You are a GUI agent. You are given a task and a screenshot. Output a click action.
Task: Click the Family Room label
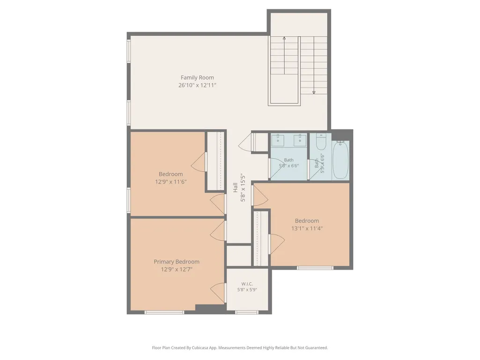pos(197,78)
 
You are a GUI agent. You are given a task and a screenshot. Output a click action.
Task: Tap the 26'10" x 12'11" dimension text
pos(197,85)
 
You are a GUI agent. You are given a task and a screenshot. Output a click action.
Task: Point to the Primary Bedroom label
pos(177,262)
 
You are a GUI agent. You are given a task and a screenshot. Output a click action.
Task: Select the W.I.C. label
pos(247,284)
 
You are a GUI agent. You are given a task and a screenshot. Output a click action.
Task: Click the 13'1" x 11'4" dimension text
pos(307,228)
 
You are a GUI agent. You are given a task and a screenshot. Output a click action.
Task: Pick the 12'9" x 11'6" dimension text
pos(171,182)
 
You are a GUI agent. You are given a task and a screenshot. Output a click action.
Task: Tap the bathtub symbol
pos(340,160)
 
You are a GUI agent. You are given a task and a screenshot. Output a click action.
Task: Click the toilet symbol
pos(321,141)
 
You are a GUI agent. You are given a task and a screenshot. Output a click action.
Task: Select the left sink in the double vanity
pos(278,140)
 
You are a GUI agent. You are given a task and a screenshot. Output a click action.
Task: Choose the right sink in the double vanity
pos(300,140)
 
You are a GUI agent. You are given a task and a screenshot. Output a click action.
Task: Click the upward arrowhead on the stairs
pos(284,38)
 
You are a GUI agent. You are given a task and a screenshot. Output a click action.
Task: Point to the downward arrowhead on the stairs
pos(314,92)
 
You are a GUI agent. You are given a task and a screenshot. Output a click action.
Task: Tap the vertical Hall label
pos(236,187)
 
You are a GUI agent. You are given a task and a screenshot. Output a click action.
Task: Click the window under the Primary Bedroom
pos(164,313)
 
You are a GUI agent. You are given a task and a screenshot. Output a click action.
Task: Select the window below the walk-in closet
pos(247,313)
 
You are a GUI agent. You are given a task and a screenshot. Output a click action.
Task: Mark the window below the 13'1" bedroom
pos(315,268)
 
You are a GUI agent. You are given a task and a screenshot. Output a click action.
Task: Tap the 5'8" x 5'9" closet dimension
pos(247,290)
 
